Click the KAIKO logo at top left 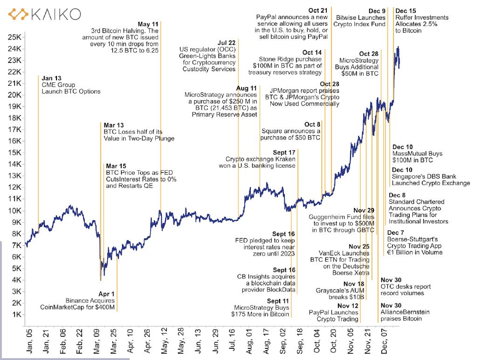click(x=45, y=14)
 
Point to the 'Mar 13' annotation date click(x=114, y=125)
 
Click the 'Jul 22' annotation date click(x=226, y=43)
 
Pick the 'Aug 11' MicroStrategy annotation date click(x=247, y=88)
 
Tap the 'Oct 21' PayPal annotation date click(x=318, y=10)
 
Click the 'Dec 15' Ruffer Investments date click(x=406, y=11)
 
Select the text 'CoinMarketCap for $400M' click(x=77, y=307)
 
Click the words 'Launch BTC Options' click(x=71, y=91)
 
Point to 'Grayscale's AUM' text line click(x=342, y=291)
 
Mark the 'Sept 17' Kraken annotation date click(x=284, y=152)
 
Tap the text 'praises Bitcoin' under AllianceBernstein click(x=401, y=318)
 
